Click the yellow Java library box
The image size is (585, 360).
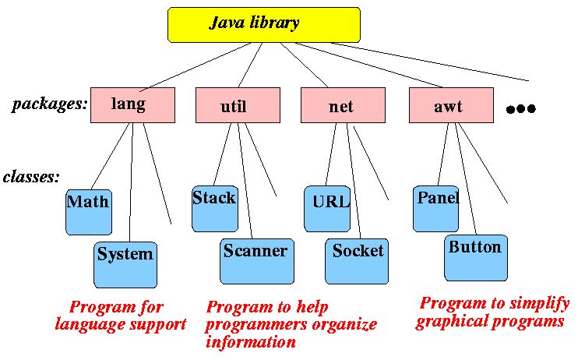264,24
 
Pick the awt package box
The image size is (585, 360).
451,105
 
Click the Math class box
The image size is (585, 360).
88,212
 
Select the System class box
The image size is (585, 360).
125,263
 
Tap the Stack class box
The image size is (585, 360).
214,208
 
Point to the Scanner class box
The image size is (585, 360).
256,260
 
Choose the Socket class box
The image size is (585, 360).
357,260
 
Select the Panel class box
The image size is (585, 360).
435,208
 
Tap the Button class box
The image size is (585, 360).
475,257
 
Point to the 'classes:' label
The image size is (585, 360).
31,177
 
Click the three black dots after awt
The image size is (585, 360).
521,109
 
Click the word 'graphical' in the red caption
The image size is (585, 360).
452,321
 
